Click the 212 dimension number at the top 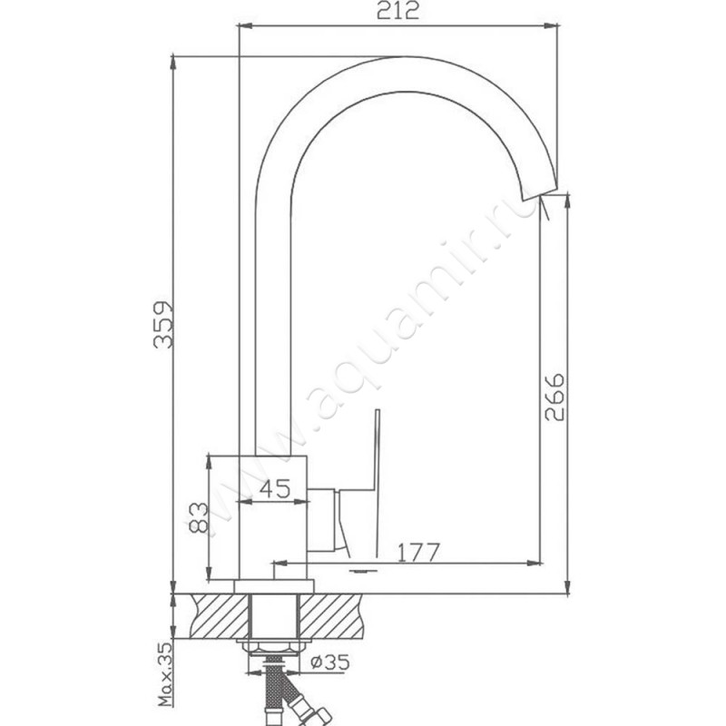pyautogui.click(x=397, y=11)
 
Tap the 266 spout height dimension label pyautogui.click(x=554, y=397)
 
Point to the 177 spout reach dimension pyautogui.click(x=418, y=552)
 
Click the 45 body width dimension pyautogui.click(x=275, y=489)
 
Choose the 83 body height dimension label pyautogui.click(x=199, y=517)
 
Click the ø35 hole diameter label pyautogui.click(x=330, y=662)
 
